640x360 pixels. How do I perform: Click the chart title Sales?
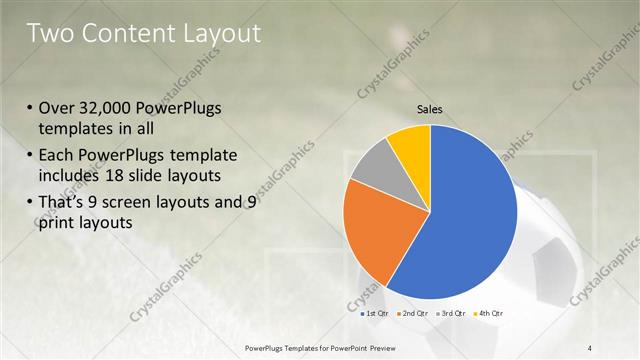point(429,109)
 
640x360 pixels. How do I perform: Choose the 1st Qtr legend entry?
point(375,314)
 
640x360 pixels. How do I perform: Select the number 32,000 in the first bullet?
point(107,108)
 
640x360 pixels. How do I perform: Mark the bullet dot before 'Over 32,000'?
point(31,109)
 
